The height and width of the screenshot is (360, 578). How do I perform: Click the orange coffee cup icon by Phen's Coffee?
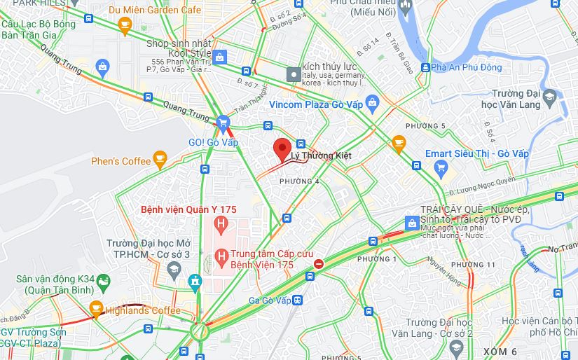(160, 160)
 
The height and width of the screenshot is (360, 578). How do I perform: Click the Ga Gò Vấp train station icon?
(297, 300)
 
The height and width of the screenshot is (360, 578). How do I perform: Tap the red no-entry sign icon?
(319, 264)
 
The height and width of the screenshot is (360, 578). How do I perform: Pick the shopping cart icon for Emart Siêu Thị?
(441, 167)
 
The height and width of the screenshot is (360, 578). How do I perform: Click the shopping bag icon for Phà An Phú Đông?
(425, 67)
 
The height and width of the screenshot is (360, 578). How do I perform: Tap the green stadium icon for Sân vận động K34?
(104, 282)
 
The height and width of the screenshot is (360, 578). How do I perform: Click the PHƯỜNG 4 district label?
(299, 181)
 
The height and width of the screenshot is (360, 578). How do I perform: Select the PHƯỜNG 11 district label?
(472, 264)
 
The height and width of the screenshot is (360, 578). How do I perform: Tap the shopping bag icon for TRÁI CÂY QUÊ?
(412, 223)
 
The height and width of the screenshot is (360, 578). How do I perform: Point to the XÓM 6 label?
(500, 351)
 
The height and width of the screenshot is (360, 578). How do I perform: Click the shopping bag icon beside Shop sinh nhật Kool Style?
(220, 57)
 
